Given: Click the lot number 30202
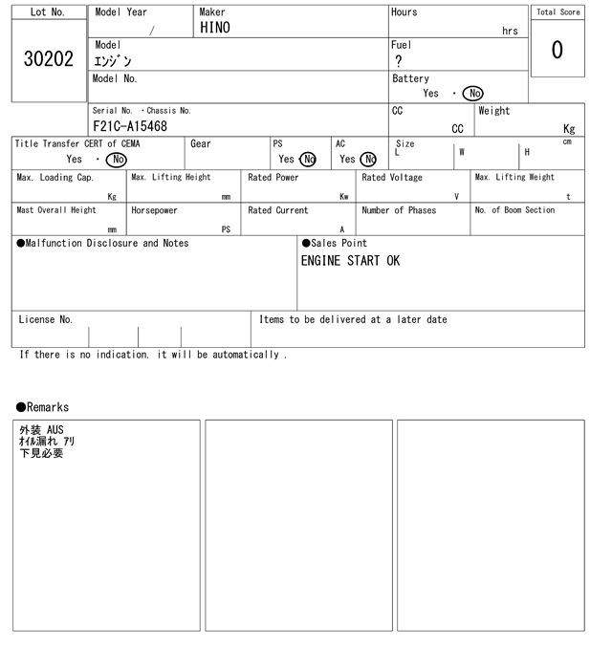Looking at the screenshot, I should point(48,59).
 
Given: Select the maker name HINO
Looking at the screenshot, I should point(214,29).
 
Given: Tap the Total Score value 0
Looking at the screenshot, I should point(557,50).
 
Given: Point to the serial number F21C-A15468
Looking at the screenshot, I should point(130,126).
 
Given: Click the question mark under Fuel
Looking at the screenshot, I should point(399,61).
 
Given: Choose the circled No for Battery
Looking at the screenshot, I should point(472,94).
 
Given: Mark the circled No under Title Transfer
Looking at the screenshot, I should point(117,160).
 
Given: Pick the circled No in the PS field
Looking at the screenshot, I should point(308,160).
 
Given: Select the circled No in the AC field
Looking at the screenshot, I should point(368,160).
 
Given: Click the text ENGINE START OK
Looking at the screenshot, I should point(350,260).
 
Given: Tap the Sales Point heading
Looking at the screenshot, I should point(335,243).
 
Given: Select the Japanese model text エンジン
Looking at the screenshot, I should point(113,61).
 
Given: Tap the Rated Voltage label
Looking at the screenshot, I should point(392,178).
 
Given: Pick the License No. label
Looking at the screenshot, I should point(46,320).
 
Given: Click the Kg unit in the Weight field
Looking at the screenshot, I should point(569,128).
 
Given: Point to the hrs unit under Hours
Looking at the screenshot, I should point(510,32).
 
